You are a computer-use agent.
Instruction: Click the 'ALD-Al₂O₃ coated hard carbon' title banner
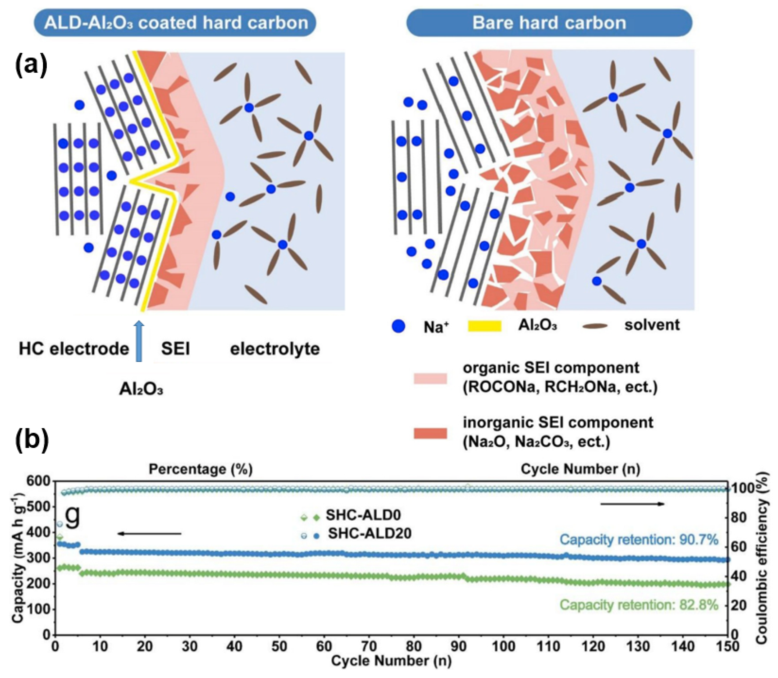[x=175, y=23]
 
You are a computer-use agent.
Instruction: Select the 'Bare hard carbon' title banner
[x=549, y=23]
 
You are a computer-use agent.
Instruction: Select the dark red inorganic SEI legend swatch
[x=430, y=433]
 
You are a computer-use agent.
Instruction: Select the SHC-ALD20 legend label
[x=369, y=533]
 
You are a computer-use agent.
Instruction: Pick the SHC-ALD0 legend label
[x=363, y=515]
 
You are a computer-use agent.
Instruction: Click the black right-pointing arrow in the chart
[x=632, y=504]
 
